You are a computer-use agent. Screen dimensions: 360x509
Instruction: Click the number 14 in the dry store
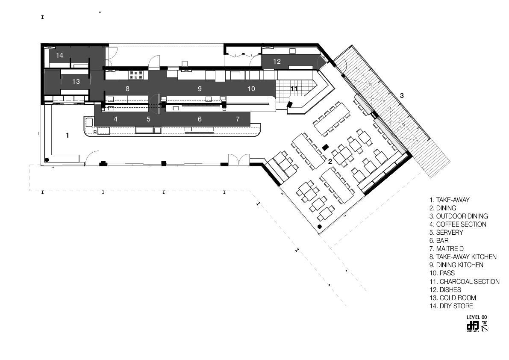pos(59,56)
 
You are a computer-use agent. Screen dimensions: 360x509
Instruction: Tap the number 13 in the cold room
pos(76,82)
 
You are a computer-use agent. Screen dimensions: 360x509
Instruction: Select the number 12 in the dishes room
pos(277,62)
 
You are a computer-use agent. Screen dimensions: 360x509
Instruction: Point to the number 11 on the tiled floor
pos(294,89)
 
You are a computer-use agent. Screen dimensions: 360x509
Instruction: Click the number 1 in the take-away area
pos(67,135)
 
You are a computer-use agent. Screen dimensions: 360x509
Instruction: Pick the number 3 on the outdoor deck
pos(401,96)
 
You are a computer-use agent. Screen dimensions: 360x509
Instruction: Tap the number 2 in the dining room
pos(330,161)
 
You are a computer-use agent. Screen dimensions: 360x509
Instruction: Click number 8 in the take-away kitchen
pos(127,89)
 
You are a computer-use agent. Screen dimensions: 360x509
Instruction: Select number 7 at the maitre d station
pos(238,119)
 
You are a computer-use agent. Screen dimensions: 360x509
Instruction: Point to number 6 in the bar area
pos(200,119)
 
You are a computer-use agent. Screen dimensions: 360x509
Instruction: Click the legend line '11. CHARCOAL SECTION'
pos(464,281)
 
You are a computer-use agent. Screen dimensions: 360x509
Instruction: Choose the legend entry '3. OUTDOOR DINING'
pos(459,216)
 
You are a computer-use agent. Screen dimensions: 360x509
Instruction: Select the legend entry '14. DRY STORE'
pos(451,306)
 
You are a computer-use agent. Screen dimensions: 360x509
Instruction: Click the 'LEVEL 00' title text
pos(477,317)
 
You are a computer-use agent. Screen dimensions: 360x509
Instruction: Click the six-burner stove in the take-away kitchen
pos(136,75)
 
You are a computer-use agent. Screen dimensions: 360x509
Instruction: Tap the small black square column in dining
pos(326,147)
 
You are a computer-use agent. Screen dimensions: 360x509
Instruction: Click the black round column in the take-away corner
pos(47,160)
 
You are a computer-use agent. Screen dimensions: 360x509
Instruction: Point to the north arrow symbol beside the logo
pos(485,328)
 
